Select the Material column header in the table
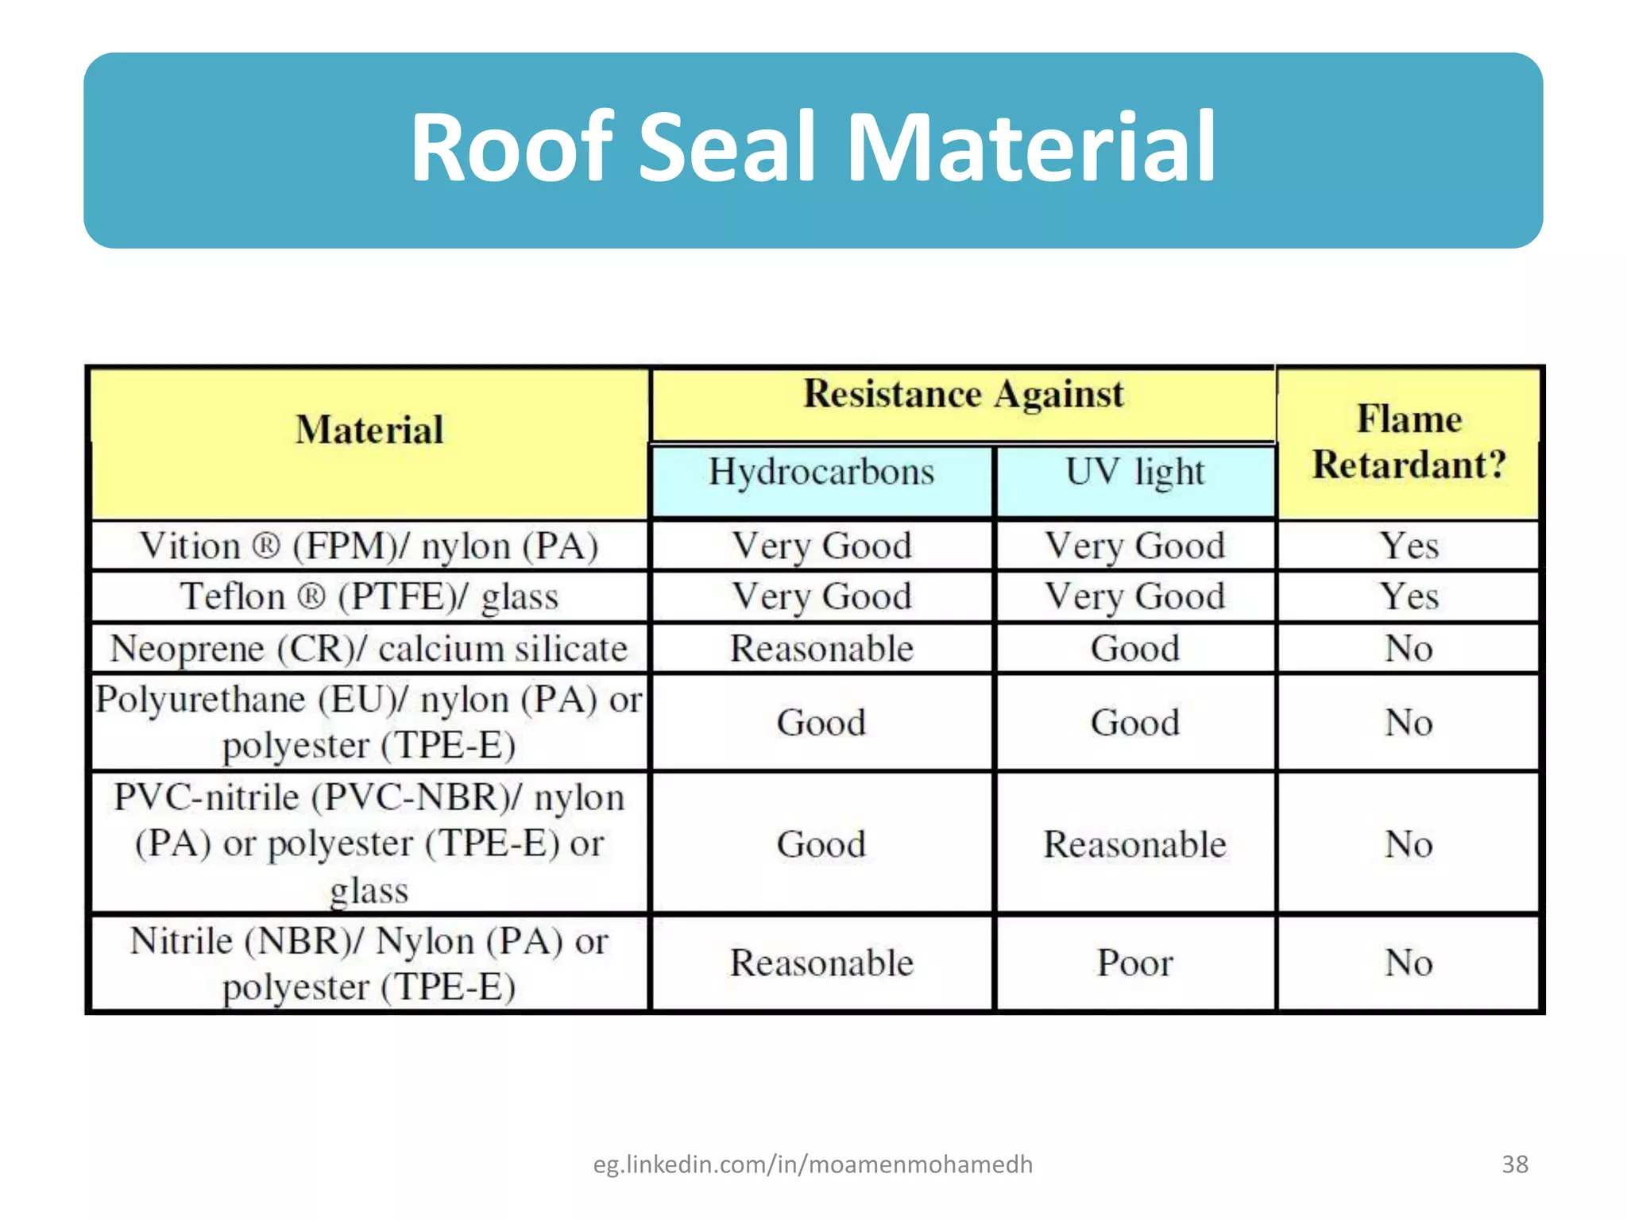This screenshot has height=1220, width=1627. [x=369, y=430]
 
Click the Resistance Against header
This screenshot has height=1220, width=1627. [x=963, y=394]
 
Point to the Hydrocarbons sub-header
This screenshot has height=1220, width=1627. [x=821, y=472]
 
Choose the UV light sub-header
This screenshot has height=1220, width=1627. [x=1134, y=472]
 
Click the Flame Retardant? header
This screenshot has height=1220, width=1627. [x=1409, y=442]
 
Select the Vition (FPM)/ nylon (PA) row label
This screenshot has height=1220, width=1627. [x=369, y=546]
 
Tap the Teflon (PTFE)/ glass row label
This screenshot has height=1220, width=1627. [x=369, y=596]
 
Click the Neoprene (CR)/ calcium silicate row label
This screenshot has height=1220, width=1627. [x=369, y=648]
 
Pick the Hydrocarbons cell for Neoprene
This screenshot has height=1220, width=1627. [x=821, y=648]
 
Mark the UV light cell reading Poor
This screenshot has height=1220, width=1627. [x=1134, y=963]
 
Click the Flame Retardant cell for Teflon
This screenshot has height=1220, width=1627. [x=1409, y=596]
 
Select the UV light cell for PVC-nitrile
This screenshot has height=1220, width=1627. [x=1134, y=844]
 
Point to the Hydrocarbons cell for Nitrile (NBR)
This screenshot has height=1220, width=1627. [x=821, y=963]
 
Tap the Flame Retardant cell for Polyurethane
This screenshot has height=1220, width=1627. [x=1409, y=723]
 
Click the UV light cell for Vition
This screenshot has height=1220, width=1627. [x=1134, y=546]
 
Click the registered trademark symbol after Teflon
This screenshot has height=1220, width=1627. [x=311, y=596]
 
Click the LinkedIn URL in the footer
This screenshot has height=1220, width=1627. [x=813, y=1164]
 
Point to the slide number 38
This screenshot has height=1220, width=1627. [x=1515, y=1164]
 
